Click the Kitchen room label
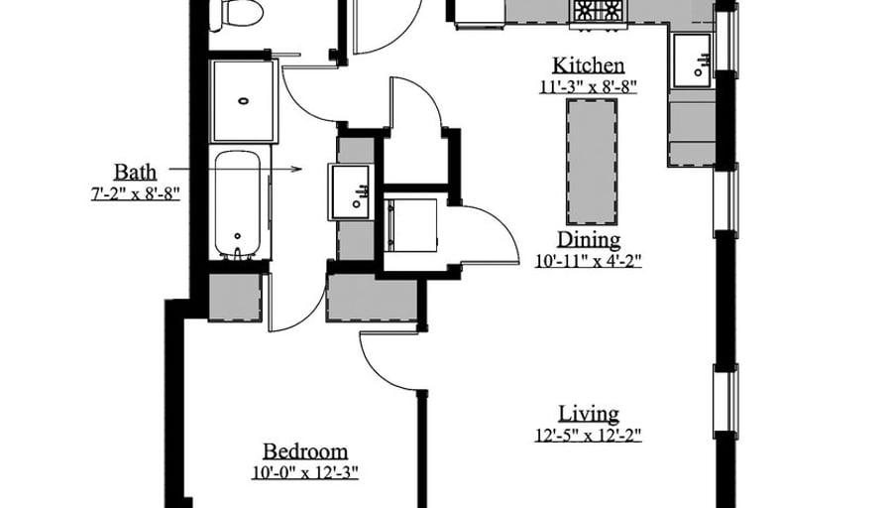click(589, 65)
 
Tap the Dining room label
click(589, 240)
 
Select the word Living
click(589, 414)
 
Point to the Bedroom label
click(305, 451)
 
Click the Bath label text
click(136, 172)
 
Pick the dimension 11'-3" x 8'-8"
click(589, 86)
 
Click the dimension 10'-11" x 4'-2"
click(589, 261)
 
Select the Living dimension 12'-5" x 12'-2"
click(589, 436)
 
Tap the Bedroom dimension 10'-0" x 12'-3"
click(305, 473)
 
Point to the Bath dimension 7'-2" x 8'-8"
click(136, 193)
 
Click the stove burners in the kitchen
click(600, 10)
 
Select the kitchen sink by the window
click(692, 61)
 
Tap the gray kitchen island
click(592, 162)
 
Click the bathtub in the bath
click(238, 204)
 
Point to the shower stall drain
click(244, 101)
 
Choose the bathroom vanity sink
click(350, 191)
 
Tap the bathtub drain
click(238, 236)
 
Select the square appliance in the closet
click(412, 225)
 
